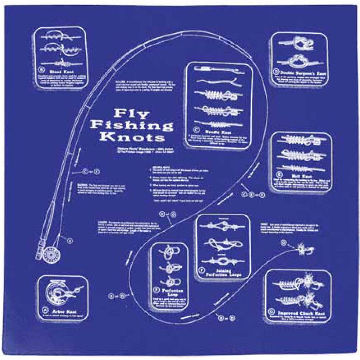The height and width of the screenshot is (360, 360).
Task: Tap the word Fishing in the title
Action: point(131,125)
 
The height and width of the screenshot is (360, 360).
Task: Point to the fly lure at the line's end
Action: point(304,250)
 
